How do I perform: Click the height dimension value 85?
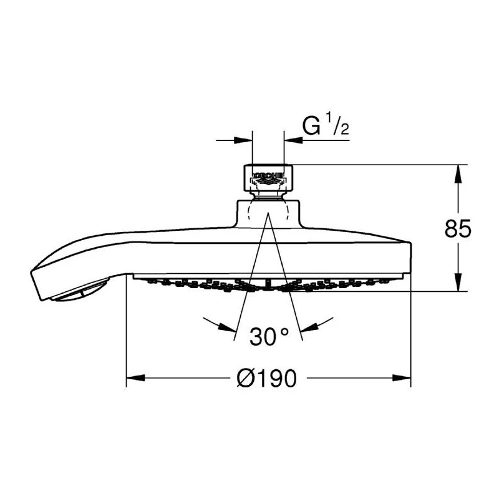click(x=458, y=229)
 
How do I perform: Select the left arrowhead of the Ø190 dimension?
click(x=135, y=377)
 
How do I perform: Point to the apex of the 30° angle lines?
click(x=268, y=213)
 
